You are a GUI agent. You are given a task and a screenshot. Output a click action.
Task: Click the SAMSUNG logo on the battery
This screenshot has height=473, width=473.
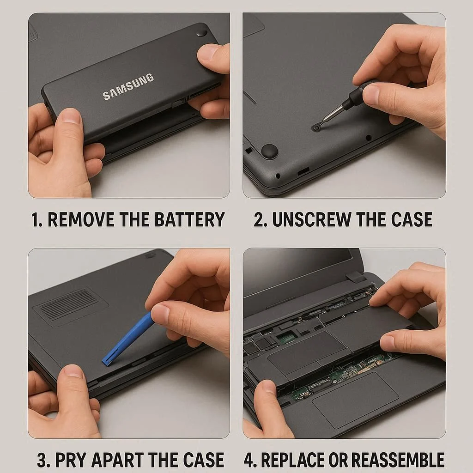coord(128,86)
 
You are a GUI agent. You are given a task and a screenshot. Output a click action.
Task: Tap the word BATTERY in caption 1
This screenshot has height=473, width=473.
coord(190,219)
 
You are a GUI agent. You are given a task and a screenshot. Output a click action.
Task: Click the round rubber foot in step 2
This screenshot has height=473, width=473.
coord(269,151)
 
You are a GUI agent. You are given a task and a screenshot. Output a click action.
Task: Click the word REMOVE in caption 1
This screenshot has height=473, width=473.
coord(81,219)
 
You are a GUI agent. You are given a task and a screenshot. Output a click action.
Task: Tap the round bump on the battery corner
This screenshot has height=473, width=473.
coord(201,33)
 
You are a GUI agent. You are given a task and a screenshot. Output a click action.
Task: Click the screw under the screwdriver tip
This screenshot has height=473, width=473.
coord(316,127)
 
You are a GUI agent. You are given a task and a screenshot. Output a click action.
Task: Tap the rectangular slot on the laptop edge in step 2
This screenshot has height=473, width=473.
coord(303,171)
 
